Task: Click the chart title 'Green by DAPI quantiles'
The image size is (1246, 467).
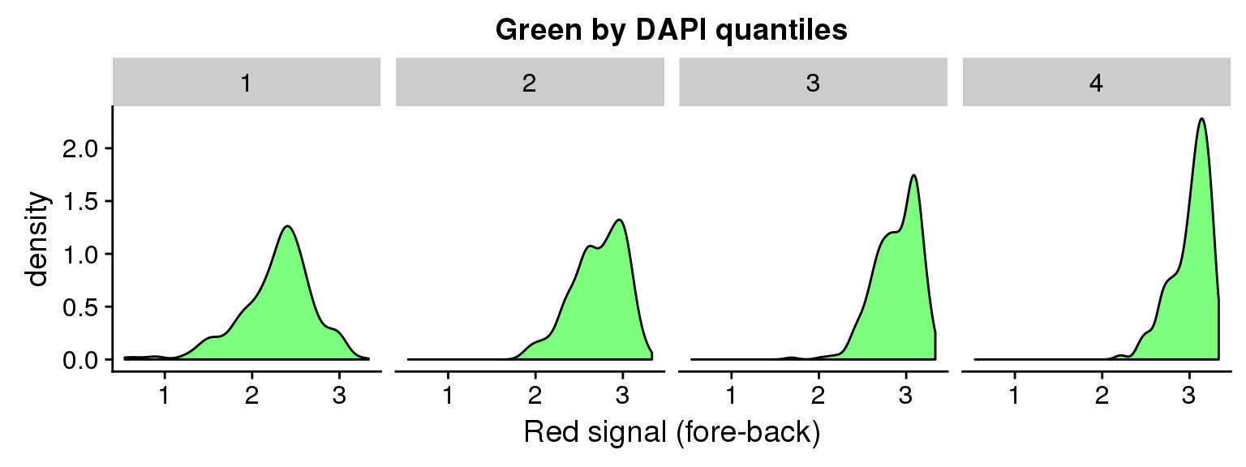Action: pyautogui.click(x=672, y=29)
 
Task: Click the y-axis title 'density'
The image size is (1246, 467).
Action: pyautogui.click(x=37, y=239)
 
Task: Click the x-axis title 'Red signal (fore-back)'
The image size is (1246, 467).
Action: pyautogui.click(x=672, y=432)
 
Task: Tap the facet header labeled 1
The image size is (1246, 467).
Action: pyautogui.click(x=247, y=82)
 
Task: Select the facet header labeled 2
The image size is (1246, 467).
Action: pyautogui.click(x=530, y=82)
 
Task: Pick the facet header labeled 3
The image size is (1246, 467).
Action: pyautogui.click(x=814, y=82)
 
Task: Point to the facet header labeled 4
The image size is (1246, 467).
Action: pyautogui.click(x=1097, y=82)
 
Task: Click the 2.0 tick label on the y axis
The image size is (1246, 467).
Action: pyautogui.click(x=80, y=148)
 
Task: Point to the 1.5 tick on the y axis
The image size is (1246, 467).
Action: pyautogui.click(x=80, y=201)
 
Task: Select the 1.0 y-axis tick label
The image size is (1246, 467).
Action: pyautogui.click(x=80, y=254)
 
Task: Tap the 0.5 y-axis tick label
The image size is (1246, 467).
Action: pyautogui.click(x=80, y=307)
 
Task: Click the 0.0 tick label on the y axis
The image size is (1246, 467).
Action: pyautogui.click(x=80, y=360)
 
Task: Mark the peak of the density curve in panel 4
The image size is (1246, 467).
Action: pyautogui.click(x=1201, y=118)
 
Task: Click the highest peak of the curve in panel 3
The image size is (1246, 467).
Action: pyautogui.click(x=914, y=175)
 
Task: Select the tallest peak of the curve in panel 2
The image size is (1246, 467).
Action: pyautogui.click(x=619, y=221)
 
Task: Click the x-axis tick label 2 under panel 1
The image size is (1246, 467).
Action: pyautogui.click(x=252, y=396)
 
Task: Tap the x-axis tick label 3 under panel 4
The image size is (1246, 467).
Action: pyautogui.click(x=1189, y=396)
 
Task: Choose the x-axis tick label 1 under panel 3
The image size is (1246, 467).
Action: pyautogui.click(x=732, y=396)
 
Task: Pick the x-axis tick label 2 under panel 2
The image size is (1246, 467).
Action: pyautogui.click(x=535, y=396)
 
